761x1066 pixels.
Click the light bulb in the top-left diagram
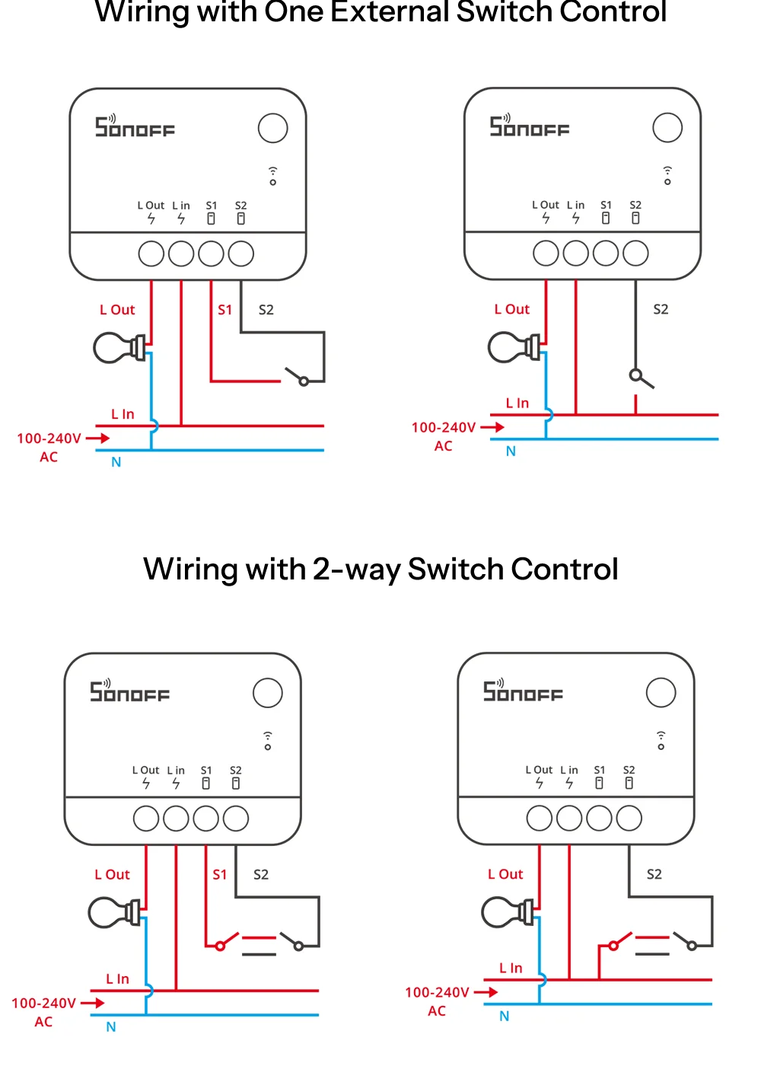coord(118,348)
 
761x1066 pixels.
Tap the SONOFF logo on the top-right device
coord(530,127)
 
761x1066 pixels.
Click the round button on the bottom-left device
coord(267,693)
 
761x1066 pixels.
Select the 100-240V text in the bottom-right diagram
coord(437,992)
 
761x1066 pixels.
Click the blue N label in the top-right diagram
coord(511,452)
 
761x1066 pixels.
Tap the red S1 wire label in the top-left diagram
coord(224,310)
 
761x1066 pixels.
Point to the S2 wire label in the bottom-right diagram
coord(654,874)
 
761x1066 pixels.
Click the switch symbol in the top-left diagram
coord(296,376)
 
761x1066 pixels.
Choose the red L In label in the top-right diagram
coord(517,404)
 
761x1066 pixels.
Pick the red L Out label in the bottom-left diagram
coord(112,875)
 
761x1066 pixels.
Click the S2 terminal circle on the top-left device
coord(240,254)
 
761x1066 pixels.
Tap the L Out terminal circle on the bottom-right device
coord(540,819)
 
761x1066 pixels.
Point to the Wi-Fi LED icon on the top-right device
coord(667,175)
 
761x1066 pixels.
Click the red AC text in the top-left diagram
coord(49,457)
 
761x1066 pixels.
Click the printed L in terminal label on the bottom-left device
coord(176,771)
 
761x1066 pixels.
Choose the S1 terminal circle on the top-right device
coord(606,254)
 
